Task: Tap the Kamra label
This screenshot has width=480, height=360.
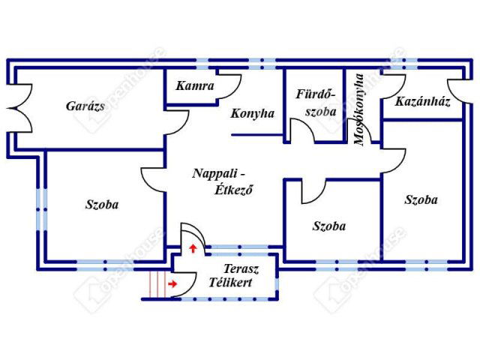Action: [x=195, y=86]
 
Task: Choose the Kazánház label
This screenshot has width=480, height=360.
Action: [x=423, y=101]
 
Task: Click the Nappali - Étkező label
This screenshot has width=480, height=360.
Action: [x=223, y=181]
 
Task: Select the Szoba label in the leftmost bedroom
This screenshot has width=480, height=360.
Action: [x=101, y=203]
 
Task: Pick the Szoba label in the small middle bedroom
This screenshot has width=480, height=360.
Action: [x=328, y=226]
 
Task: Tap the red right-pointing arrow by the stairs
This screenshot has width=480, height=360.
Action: [x=174, y=284]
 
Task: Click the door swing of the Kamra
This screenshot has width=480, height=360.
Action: [x=225, y=83]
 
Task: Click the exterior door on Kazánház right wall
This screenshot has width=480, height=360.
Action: [x=454, y=88]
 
